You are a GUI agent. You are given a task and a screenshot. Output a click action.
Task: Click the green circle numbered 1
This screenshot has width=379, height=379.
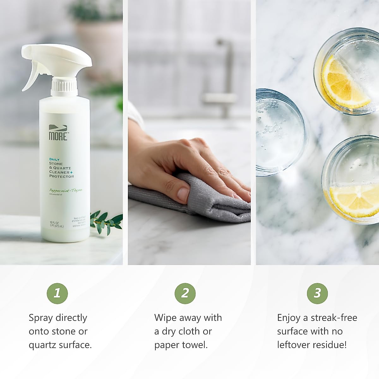click(57, 293)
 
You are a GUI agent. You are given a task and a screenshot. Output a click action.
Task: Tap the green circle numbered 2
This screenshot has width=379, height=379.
click(185, 293)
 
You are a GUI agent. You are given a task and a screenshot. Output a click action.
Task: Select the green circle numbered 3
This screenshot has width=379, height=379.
click(317, 293)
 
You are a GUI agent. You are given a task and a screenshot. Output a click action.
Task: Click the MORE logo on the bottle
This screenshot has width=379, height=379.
click(58, 133)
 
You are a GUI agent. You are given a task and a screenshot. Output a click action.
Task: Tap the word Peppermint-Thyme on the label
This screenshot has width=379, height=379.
click(66, 190)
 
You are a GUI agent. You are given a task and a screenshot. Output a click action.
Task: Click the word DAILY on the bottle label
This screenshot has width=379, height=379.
click(54, 159)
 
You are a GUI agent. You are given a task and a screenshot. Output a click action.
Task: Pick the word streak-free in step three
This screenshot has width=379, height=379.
click(334, 318)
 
